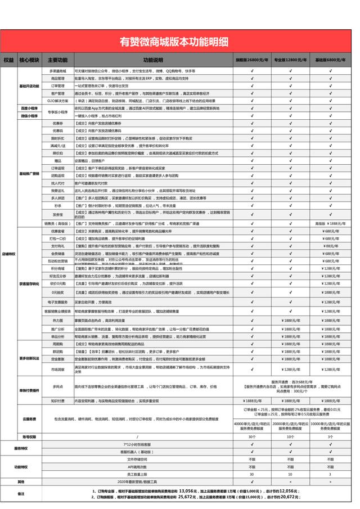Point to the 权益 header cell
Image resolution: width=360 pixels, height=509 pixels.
[8, 60]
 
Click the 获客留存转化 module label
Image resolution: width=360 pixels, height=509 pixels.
[29, 284]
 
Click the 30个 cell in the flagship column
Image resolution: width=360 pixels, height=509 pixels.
[252, 436]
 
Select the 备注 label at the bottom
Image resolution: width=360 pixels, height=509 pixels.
[21, 493]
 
